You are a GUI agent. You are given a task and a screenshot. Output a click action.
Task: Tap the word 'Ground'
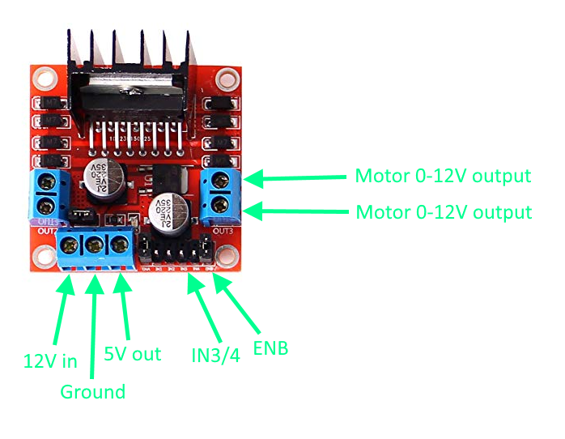tap(93, 392)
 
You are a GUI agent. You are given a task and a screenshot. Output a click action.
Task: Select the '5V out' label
tap(133, 354)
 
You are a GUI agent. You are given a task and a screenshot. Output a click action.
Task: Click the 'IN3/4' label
tap(211, 353)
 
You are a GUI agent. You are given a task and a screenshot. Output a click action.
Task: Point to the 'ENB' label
tap(270, 349)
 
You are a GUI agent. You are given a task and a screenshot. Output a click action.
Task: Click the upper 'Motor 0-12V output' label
tap(443, 176)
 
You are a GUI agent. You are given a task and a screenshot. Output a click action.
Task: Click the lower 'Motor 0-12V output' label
tap(444, 212)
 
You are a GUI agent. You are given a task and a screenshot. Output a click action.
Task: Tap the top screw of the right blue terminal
tap(221, 180)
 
